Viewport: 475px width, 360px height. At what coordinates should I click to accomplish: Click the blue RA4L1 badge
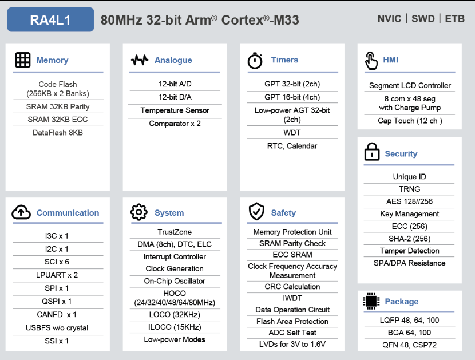click(50, 19)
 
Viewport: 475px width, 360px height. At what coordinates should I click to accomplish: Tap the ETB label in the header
click(454, 19)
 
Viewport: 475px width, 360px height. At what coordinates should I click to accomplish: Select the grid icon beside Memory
click(23, 60)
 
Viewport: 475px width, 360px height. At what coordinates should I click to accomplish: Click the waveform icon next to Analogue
click(140, 60)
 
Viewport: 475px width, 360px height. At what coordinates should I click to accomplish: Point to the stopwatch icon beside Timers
click(255, 60)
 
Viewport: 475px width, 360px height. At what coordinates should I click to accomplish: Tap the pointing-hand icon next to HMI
click(371, 61)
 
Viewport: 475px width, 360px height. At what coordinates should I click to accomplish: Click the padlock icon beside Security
click(371, 152)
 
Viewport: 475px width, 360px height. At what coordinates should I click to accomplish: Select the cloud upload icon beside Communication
click(21, 212)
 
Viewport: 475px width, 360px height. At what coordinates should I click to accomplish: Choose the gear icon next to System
click(138, 212)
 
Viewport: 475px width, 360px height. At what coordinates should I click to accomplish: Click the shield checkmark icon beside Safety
click(256, 211)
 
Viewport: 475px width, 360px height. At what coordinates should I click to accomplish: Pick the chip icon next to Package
click(371, 301)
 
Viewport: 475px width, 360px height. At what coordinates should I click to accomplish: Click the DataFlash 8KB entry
click(58, 133)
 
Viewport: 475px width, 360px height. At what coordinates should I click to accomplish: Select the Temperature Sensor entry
click(175, 110)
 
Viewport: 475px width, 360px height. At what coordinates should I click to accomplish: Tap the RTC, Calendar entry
click(292, 146)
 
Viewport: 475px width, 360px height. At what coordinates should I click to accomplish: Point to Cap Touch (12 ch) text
click(410, 121)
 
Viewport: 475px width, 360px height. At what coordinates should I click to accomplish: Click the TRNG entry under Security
click(410, 189)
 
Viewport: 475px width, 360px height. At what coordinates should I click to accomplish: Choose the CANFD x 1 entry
click(57, 315)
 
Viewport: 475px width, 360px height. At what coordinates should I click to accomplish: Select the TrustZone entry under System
click(175, 232)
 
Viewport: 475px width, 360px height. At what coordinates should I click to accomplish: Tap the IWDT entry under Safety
click(292, 298)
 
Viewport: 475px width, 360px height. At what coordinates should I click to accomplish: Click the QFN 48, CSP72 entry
click(409, 345)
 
